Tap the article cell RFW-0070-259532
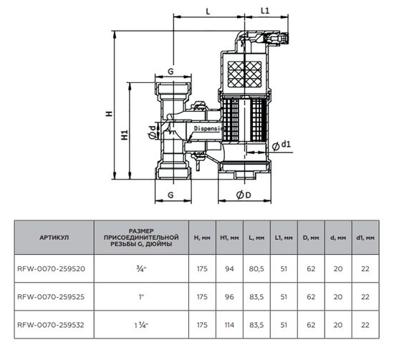(x=51, y=324)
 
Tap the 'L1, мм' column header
(x=284, y=237)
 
